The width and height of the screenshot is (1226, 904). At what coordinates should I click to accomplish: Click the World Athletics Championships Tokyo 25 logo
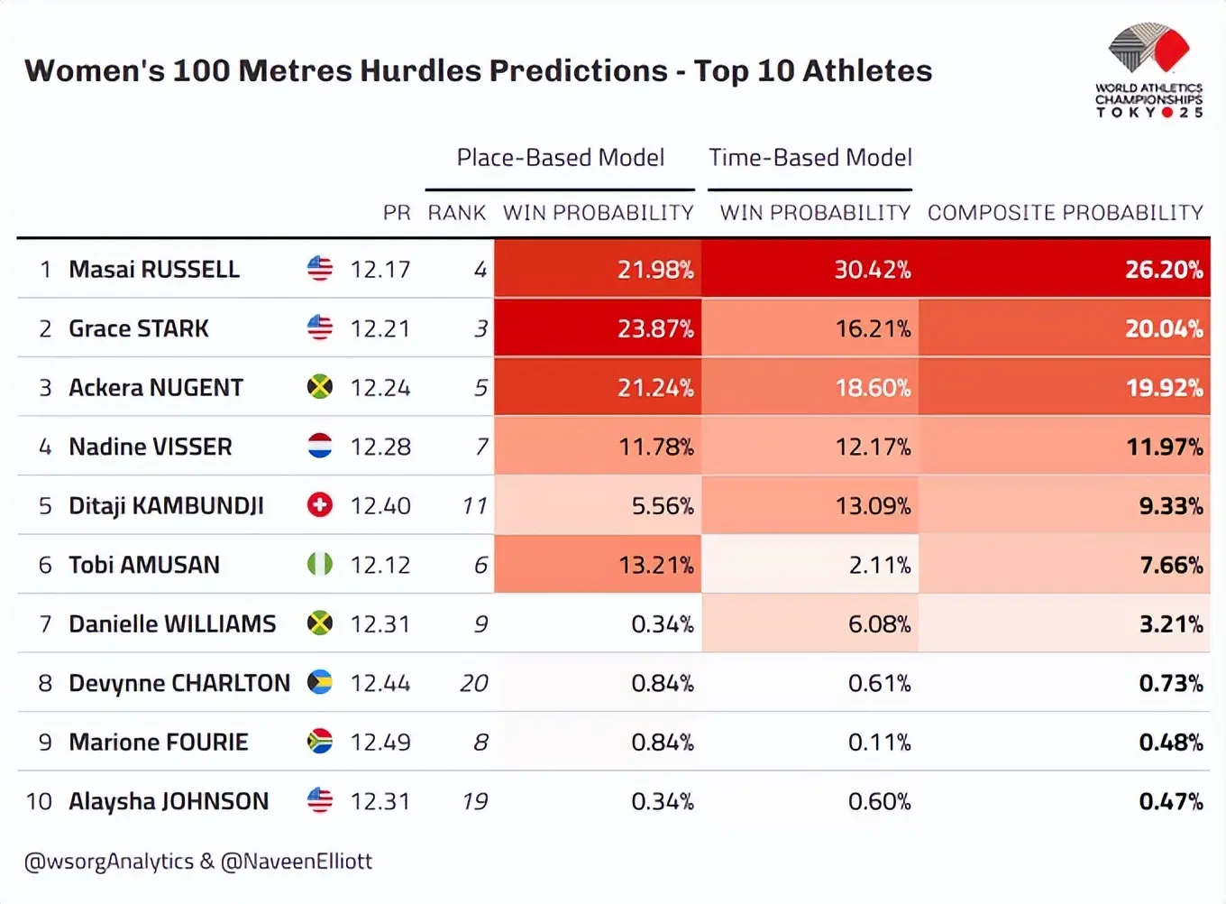(1148, 71)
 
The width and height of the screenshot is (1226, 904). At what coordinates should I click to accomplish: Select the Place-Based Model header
(560, 158)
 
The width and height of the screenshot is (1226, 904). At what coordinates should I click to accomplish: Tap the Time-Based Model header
(810, 158)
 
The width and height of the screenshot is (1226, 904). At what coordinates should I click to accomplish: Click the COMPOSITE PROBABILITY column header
(1065, 213)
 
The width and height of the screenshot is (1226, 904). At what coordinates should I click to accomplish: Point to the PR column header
(396, 213)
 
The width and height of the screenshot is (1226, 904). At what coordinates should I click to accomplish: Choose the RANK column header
(456, 213)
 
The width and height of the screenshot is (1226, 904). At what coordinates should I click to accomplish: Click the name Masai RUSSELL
(154, 269)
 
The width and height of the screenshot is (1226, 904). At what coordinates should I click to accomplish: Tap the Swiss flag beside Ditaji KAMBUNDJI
(320, 505)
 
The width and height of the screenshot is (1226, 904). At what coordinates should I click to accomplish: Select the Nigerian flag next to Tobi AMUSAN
(320, 565)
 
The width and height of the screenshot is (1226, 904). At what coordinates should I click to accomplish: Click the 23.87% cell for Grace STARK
(655, 328)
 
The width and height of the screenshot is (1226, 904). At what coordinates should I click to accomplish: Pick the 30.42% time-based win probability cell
(872, 269)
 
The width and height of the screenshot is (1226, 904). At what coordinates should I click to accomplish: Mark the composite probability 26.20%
(1163, 269)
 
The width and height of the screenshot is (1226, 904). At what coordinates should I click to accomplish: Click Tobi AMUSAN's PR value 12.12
(380, 565)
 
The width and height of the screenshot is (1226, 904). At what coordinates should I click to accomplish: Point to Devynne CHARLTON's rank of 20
(473, 683)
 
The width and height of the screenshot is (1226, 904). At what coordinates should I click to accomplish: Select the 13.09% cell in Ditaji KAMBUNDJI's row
(872, 505)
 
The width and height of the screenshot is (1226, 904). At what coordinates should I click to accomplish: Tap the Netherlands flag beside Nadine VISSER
(320, 446)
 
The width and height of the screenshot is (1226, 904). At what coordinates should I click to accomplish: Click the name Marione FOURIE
(159, 742)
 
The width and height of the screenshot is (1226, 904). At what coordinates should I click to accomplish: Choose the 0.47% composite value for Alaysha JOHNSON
(1170, 801)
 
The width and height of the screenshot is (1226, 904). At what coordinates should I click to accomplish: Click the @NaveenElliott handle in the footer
(297, 862)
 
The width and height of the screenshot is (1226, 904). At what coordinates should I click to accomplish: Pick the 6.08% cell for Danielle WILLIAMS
(879, 623)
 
